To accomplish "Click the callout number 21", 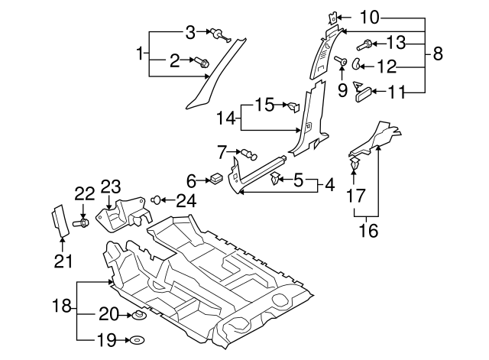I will coord(63,261).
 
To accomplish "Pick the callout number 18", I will coord(64,308).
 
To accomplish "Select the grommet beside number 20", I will coord(138,314).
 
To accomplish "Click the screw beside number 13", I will coord(369,44).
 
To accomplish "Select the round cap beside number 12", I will coord(358,64).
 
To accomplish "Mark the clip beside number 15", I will coord(291,105).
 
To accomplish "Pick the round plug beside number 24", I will coord(157,200).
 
